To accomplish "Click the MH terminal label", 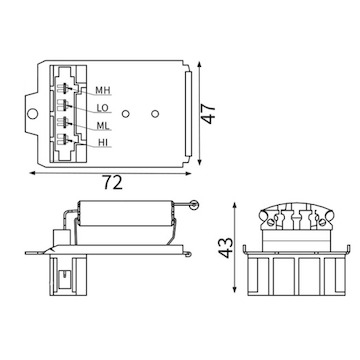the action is [103, 90].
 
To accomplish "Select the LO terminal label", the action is [103, 108].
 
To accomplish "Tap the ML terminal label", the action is [103, 126].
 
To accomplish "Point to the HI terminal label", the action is [103, 143].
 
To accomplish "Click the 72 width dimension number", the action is [112, 182].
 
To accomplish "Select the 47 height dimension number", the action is [209, 114].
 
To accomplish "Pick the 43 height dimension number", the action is [226, 248].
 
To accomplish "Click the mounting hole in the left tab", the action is [32, 114].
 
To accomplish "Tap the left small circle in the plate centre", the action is [126, 114].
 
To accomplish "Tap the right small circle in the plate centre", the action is [155, 114].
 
